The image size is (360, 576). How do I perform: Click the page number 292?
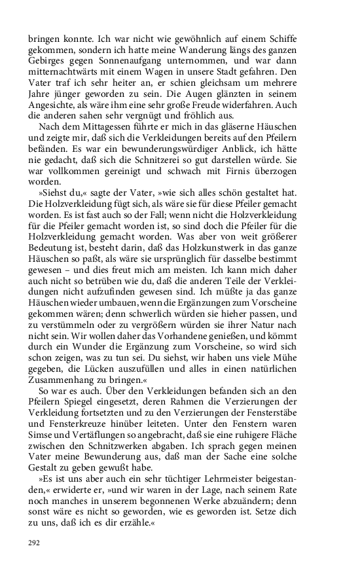[x=34, y=543]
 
